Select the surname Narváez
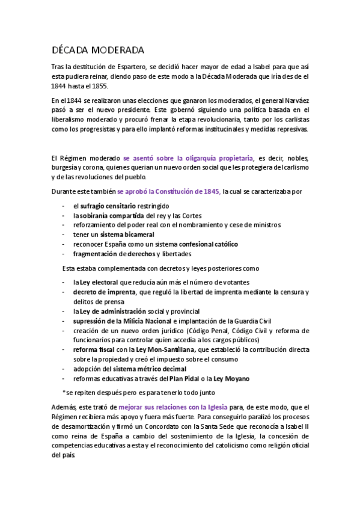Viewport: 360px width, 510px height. (x=293, y=100)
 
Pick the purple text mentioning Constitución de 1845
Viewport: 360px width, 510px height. (x=169, y=192)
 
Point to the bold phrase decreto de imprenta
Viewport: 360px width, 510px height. (x=105, y=292)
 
